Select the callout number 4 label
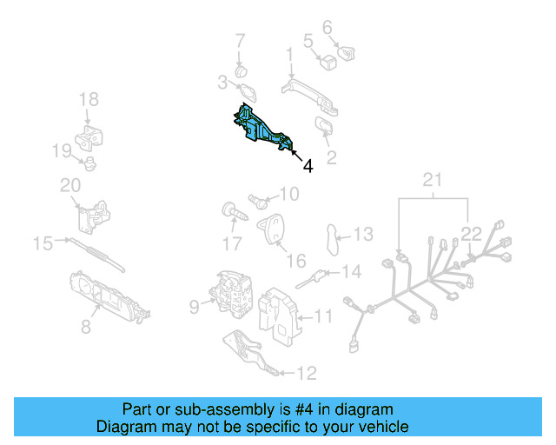(308, 164)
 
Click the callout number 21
(433, 180)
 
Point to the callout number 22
(470, 232)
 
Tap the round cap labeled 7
(242, 69)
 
